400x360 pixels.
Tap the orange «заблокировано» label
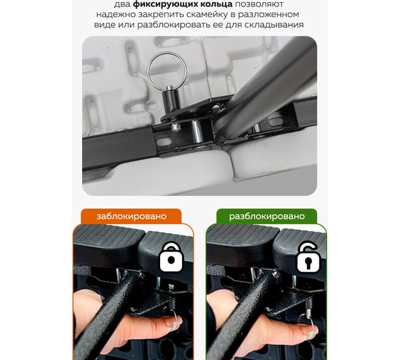pos(131,216)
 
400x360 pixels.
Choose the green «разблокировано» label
pos(267,216)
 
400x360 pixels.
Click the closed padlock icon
pos(171,257)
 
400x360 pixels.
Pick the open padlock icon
pos(309,257)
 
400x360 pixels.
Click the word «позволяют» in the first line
pos(259,4)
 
